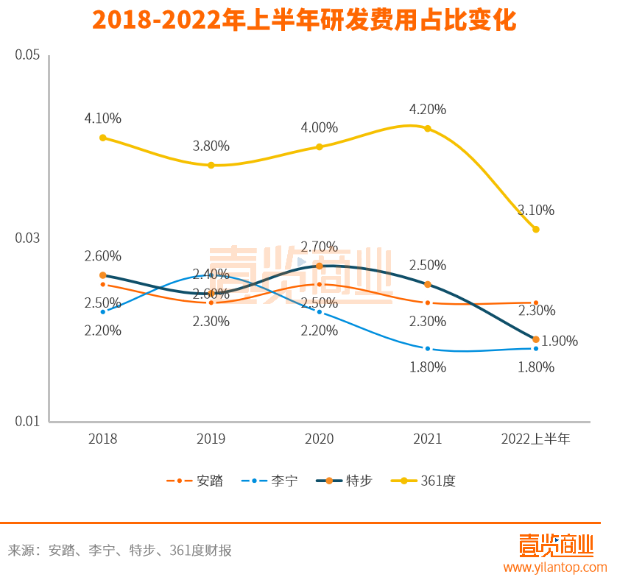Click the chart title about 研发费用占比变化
tap(305, 20)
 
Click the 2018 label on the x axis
tap(102, 439)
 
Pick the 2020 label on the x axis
tap(319, 439)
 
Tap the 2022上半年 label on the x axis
tap(535, 439)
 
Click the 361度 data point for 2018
tap(103, 138)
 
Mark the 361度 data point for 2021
tap(428, 129)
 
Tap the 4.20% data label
tap(428, 110)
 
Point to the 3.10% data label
tap(535, 211)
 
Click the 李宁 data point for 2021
tap(428, 348)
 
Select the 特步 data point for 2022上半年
tap(536, 339)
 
